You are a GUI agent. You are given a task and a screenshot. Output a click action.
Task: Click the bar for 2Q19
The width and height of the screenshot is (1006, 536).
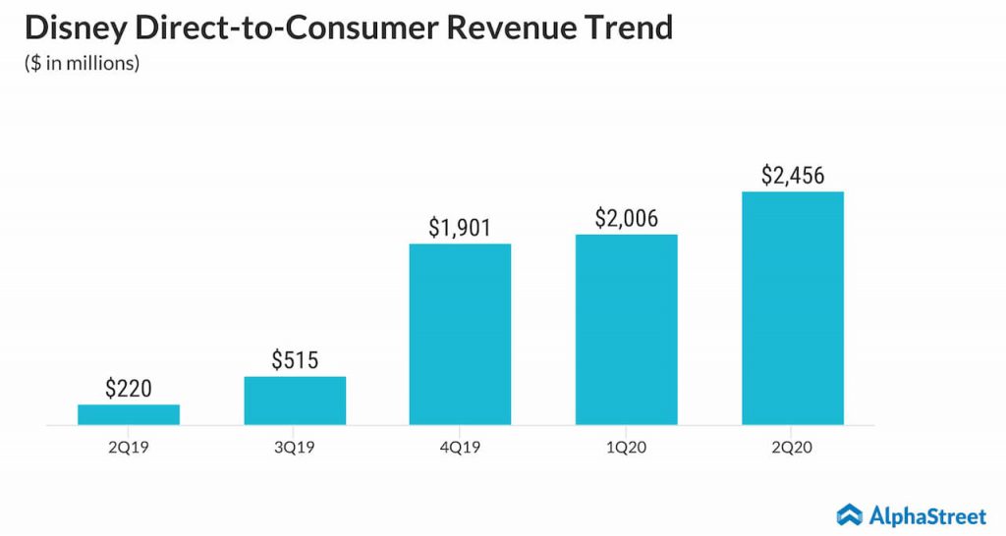pyautogui.click(x=129, y=414)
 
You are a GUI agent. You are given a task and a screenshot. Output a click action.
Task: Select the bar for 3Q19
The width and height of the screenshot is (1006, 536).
pyautogui.click(x=295, y=401)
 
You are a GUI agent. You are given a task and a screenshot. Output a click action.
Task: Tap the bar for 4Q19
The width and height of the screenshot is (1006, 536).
pyautogui.click(x=460, y=334)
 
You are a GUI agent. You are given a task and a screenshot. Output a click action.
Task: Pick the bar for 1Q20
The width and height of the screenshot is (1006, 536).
pyautogui.click(x=627, y=329)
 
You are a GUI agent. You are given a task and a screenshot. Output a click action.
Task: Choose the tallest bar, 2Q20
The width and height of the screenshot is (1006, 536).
pyautogui.click(x=793, y=307)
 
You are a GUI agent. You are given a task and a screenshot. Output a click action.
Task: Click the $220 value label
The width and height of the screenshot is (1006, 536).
pyautogui.click(x=129, y=388)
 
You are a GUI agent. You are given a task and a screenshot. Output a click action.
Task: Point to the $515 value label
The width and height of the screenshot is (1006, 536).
pyautogui.click(x=295, y=360)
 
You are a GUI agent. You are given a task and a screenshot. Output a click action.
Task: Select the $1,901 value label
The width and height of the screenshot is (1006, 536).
pyautogui.click(x=460, y=227)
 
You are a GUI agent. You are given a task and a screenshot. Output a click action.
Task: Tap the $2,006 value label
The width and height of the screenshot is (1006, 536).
pyautogui.click(x=627, y=218)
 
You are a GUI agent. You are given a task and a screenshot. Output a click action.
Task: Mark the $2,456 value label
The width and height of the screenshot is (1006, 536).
pyautogui.click(x=793, y=176)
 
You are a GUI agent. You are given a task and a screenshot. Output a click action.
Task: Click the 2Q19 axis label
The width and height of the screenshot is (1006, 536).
pyautogui.click(x=129, y=447)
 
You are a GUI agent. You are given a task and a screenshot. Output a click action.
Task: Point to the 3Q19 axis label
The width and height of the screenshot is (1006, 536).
pyautogui.click(x=295, y=447)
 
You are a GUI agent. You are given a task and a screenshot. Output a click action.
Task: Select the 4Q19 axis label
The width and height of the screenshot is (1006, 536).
pyautogui.click(x=460, y=447)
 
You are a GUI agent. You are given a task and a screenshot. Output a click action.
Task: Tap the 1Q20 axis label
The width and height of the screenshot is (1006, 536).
pyautogui.click(x=627, y=447)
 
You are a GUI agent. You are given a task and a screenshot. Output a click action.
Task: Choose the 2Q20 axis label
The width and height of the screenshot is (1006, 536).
pyautogui.click(x=793, y=447)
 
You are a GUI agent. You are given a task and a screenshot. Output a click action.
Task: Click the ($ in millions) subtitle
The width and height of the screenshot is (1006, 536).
pyautogui.click(x=83, y=64)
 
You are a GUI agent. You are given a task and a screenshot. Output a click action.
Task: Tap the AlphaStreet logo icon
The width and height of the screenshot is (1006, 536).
pyautogui.click(x=850, y=513)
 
